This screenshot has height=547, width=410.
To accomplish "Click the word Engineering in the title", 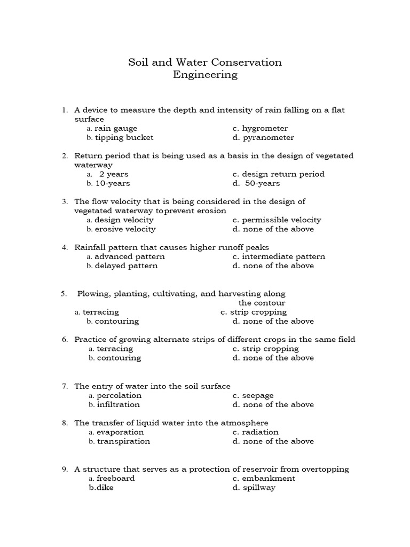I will click(x=205, y=75).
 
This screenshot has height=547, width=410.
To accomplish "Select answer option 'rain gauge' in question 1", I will click(x=115, y=128).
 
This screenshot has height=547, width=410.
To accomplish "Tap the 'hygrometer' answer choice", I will click(x=264, y=128).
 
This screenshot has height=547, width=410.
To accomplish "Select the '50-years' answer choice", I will click(x=262, y=183).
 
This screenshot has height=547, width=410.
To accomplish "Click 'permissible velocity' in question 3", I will click(x=281, y=220).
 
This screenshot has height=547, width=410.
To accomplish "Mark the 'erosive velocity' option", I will click(x=125, y=229).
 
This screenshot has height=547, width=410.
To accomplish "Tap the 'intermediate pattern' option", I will click(x=283, y=256).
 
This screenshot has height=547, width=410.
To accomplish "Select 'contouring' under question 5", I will click(x=117, y=321).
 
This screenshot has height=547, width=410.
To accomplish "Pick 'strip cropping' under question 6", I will click(x=270, y=348).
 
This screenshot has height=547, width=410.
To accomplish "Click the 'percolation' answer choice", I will click(x=119, y=395).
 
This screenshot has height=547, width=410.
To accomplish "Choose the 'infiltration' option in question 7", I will click(x=118, y=404).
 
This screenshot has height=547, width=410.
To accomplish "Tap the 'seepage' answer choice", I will click(x=257, y=395).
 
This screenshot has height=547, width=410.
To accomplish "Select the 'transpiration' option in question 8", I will click(x=123, y=441).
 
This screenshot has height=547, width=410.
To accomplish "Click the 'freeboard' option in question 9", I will click(x=115, y=478).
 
